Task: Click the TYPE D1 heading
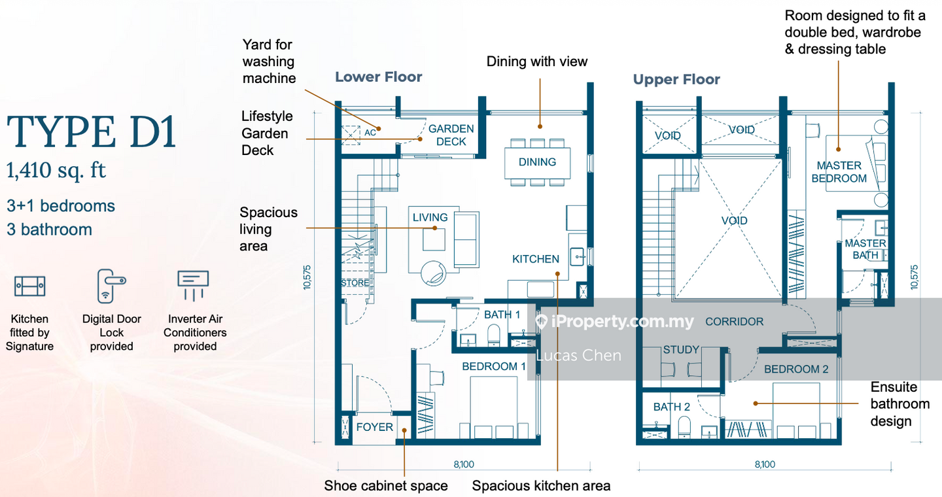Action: coord(92,132)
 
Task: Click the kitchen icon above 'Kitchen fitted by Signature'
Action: coord(29,286)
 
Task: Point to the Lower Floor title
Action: coord(379,77)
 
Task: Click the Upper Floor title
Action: coord(676,80)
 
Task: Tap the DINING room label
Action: coord(537,162)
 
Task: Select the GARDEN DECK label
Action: coord(451,135)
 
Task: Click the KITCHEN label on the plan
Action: coord(535,259)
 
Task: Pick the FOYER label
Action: coord(374,427)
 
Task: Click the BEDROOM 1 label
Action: coord(494,366)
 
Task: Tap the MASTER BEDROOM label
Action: coord(839,172)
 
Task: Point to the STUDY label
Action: coord(681,350)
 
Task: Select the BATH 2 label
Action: coord(672,407)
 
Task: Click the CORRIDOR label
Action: coord(734,322)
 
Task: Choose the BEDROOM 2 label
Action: coord(796,369)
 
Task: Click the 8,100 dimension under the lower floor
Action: coord(464,464)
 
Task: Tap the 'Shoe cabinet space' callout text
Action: coord(386,486)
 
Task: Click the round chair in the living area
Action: coord(433,273)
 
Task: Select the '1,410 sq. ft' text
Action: coord(56,171)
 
